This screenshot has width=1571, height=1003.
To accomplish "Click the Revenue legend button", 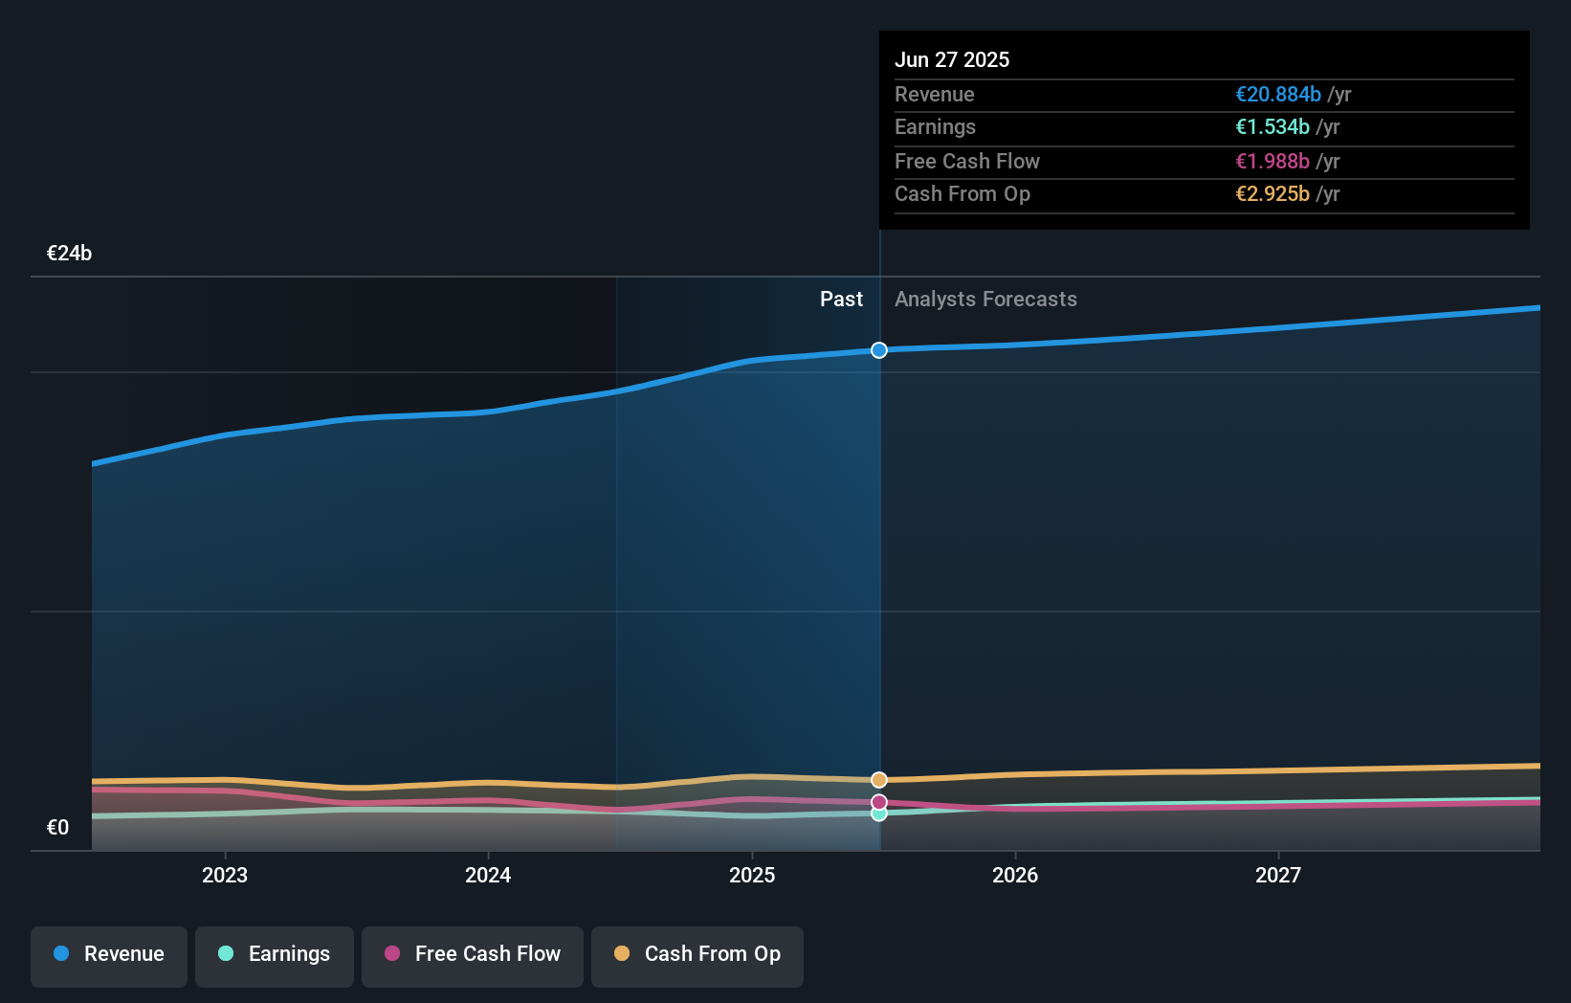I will click(109, 954).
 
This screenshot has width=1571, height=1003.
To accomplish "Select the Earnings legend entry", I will click(275, 954).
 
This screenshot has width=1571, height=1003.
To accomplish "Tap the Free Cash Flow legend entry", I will click(473, 954).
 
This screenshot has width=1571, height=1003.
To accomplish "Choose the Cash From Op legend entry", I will click(697, 954).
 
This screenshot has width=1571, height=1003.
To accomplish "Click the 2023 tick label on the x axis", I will click(225, 875).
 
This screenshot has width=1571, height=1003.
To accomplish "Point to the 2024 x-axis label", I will click(488, 875).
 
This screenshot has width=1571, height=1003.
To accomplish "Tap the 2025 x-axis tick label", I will click(752, 875).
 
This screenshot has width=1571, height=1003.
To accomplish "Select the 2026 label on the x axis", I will click(1015, 875).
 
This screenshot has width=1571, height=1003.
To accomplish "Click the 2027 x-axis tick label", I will click(1278, 875).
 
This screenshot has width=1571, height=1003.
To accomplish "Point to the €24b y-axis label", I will click(69, 254).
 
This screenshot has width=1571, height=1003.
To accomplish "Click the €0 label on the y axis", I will click(57, 828).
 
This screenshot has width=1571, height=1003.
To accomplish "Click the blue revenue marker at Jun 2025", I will click(879, 350).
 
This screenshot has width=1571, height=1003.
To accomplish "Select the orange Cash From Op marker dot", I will click(879, 780).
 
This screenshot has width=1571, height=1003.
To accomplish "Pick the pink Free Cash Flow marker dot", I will click(879, 802).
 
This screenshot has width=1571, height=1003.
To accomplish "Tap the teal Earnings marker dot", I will click(879, 814).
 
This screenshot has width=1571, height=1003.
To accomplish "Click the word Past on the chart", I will click(841, 300).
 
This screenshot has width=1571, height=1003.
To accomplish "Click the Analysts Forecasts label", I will click(985, 300).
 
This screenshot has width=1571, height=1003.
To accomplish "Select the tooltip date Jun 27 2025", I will click(952, 59).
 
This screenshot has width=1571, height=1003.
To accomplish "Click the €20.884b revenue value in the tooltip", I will click(1277, 95).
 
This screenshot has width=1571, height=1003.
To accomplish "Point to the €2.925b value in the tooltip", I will click(1272, 194).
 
